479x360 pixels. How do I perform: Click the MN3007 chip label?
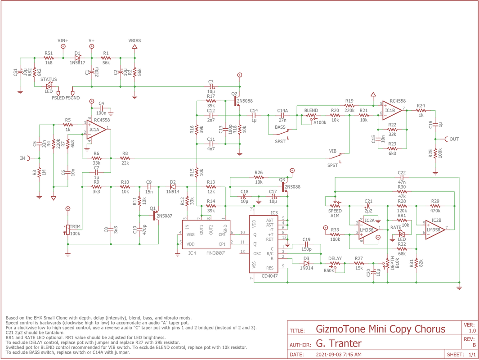(215, 253)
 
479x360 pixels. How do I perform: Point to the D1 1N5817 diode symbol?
(78, 58)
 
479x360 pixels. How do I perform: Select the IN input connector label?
(22, 158)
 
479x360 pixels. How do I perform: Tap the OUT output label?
(454, 139)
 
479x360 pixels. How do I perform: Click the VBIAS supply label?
(134, 40)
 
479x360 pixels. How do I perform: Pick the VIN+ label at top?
(63, 40)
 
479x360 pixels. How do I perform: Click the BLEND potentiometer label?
(311, 110)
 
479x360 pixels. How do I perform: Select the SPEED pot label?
(335, 211)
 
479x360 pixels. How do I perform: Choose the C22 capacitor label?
(402, 172)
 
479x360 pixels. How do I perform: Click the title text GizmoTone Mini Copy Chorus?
(381, 329)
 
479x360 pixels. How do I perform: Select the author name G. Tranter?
(338, 344)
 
